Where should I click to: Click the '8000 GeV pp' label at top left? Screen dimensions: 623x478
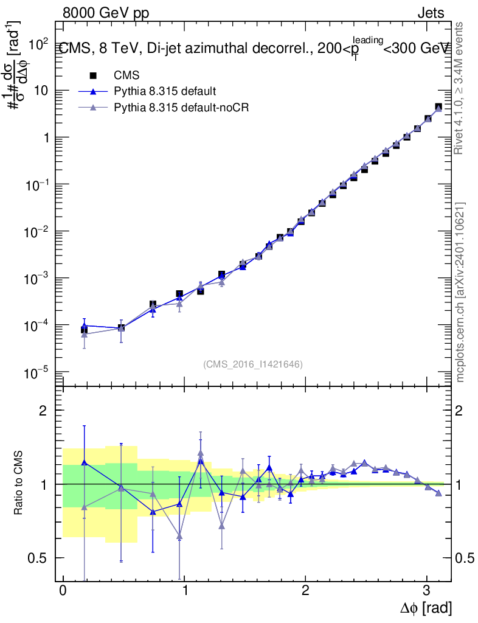[106, 13]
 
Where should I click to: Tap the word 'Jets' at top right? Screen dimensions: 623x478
[431, 13]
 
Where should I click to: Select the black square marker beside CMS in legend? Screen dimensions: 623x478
[93, 75]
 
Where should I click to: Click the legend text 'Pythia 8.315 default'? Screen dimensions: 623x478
[165, 91]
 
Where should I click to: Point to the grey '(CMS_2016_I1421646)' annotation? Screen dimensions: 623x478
[253, 364]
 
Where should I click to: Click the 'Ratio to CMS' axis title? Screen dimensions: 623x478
[19, 484]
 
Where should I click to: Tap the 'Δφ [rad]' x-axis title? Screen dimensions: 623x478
[426, 607]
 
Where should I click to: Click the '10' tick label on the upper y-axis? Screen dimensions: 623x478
[41, 91]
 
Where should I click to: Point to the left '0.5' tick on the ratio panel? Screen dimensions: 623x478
[38, 558]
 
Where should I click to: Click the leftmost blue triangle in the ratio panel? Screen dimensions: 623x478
[84, 462]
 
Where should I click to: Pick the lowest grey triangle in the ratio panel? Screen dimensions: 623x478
[179, 536]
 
